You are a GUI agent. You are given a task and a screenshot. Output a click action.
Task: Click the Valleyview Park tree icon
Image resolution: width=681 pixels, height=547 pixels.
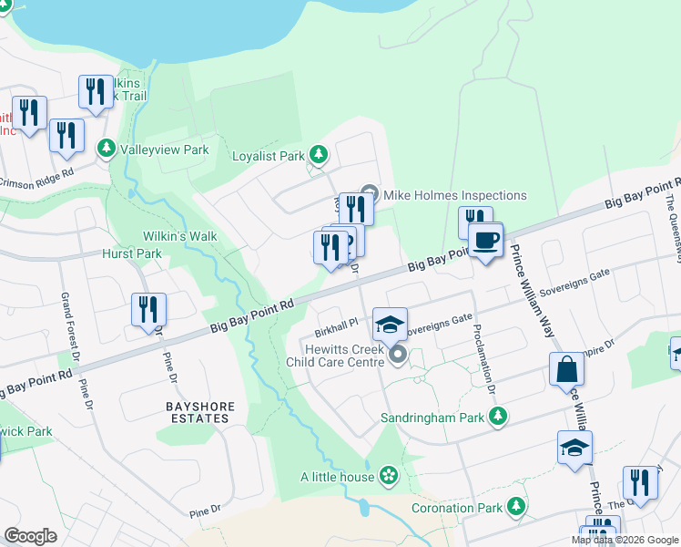pyautogui.click(x=107, y=148)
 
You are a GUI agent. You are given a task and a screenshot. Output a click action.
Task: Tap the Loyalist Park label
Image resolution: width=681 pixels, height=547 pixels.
pyautogui.click(x=268, y=156)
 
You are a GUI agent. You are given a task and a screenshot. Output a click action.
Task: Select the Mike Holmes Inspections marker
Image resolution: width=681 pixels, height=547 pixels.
pyautogui.click(x=370, y=194)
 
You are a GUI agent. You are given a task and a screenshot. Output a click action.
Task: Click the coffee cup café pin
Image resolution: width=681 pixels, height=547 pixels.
pyautogui.click(x=485, y=241)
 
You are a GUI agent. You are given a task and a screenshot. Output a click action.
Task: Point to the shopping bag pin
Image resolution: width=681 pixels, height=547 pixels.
pyautogui.click(x=566, y=370)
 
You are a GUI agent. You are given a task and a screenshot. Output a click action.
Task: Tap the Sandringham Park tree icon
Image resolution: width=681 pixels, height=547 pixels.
pyautogui.click(x=498, y=417)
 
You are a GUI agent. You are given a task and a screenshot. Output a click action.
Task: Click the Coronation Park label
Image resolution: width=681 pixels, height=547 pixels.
pyautogui.click(x=455, y=507)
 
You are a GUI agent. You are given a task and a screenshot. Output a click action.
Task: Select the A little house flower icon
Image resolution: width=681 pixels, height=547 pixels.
pyautogui.click(x=389, y=475)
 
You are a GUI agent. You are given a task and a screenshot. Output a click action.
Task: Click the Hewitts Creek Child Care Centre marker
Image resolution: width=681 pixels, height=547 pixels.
pyautogui.click(x=398, y=356)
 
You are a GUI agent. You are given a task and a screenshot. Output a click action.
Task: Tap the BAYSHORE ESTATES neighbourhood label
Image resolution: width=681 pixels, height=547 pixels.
pyautogui.click(x=200, y=412)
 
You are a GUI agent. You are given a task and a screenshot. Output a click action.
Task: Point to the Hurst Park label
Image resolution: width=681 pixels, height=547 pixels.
pyautogui.click(x=132, y=253)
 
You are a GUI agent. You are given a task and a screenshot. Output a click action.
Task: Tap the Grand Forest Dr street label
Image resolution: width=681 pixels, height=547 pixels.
pyautogui.click(x=66, y=322)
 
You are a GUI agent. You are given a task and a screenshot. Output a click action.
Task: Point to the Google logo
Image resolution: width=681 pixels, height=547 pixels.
pyautogui.click(x=30, y=536)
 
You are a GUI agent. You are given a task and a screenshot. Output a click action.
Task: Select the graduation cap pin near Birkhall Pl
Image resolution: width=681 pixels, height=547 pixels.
pyautogui.click(x=389, y=324)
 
